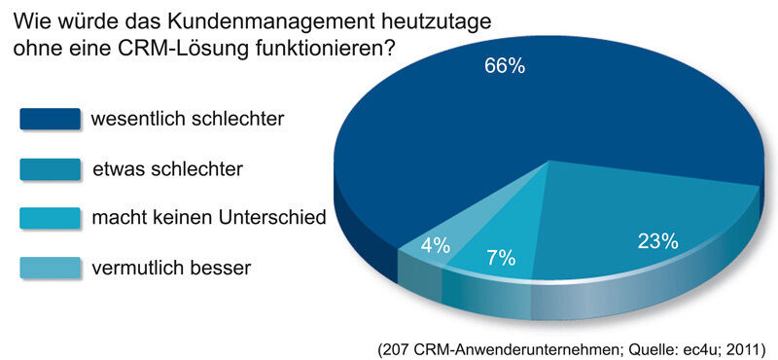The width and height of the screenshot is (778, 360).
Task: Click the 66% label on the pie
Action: pyautogui.click(x=504, y=66)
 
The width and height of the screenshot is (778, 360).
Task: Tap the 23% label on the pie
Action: pyautogui.click(x=657, y=241)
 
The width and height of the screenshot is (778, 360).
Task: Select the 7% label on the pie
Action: pyautogui.click(x=500, y=259)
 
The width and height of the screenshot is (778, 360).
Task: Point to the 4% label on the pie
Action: pyautogui.click(x=435, y=244)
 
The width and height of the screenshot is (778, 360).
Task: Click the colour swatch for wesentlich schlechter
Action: pyautogui.click(x=49, y=119)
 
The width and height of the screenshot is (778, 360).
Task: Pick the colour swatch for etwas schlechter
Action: pyautogui.click(x=49, y=168)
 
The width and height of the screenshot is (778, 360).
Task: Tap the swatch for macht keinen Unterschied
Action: pyautogui.click(x=49, y=217)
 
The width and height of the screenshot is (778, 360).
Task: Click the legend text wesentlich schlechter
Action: pyautogui.click(x=187, y=119)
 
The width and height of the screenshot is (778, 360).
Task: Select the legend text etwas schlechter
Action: pyautogui.click(x=167, y=168)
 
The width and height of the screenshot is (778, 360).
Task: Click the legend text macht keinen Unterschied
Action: pyautogui.click(x=208, y=217)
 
